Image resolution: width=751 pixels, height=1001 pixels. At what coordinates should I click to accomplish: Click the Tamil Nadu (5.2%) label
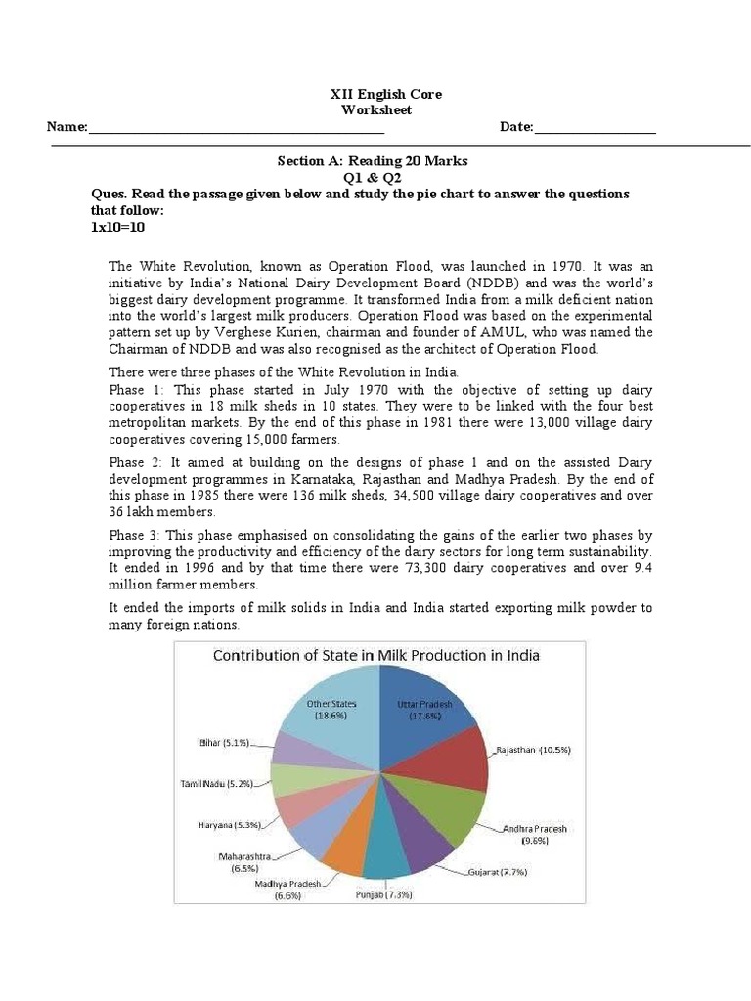pyautogui.click(x=217, y=784)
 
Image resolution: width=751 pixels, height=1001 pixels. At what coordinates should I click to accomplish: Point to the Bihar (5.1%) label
pyautogui.click(x=221, y=742)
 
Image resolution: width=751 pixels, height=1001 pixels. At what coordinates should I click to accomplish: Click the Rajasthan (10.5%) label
pyautogui.click(x=534, y=750)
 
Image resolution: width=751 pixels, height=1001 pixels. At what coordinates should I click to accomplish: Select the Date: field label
pyautogui.click(x=516, y=127)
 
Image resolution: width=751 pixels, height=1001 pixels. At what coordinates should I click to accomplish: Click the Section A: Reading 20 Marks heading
pyautogui.click(x=373, y=160)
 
